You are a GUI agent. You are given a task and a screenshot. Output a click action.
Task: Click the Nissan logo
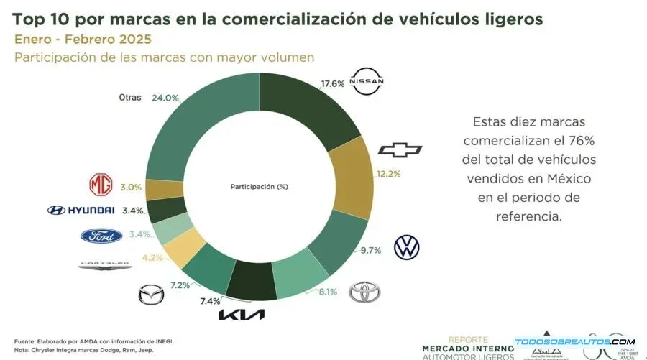click(x=367, y=82)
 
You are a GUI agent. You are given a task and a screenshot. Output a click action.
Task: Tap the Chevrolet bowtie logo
click(x=400, y=149)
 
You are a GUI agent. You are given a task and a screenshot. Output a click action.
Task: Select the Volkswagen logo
click(x=406, y=247)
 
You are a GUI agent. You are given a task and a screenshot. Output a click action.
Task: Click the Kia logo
click(x=242, y=315)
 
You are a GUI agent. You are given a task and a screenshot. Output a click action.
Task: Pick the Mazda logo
click(x=151, y=295)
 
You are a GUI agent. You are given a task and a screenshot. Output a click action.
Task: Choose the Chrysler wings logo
click(x=104, y=264)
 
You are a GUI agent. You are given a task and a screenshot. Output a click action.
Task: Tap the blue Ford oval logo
click(x=101, y=236)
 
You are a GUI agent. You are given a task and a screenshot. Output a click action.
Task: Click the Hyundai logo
click(x=81, y=210)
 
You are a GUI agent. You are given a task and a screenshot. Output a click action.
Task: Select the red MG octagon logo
click(x=101, y=185)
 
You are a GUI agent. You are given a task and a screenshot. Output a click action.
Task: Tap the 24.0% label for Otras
click(x=165, y=98)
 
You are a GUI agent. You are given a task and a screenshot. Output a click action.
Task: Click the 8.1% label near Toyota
click(x=326, y=292)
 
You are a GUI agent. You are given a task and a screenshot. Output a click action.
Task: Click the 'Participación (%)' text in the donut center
click(x=259, y=186)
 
